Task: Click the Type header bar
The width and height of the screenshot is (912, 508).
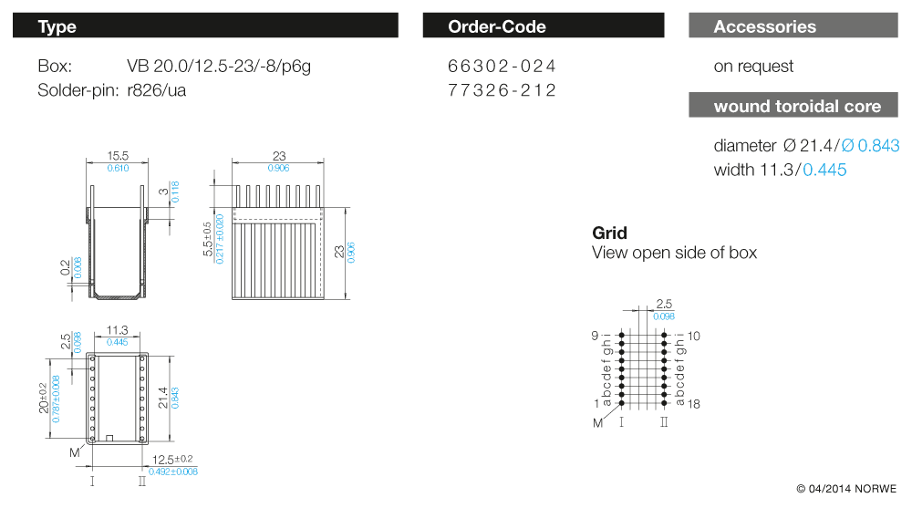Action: (205, 26)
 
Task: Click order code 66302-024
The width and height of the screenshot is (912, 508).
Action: (502, 67)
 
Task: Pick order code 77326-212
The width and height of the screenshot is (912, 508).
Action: (502, 90)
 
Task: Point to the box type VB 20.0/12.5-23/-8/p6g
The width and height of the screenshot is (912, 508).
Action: (219, 67)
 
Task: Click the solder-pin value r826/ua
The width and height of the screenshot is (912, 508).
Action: (157, 91)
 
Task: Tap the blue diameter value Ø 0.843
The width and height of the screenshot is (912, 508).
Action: (870, 146)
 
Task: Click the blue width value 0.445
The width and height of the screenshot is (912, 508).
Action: (824, 170)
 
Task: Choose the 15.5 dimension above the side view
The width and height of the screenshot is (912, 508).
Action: (118, 156)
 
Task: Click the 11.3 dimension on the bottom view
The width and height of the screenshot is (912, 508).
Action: (117, 330)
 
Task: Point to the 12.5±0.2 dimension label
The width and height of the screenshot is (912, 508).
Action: (172, 460)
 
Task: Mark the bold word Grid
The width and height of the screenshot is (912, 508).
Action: (609, 233)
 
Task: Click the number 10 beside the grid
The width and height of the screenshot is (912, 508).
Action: (694, 336)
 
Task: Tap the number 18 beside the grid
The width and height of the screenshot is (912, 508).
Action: (694, 404)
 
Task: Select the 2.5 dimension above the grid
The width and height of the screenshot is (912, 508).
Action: (664, 304)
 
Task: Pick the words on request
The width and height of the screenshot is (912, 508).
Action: (753, 67)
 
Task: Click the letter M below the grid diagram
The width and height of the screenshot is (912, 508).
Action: (597, 423)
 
